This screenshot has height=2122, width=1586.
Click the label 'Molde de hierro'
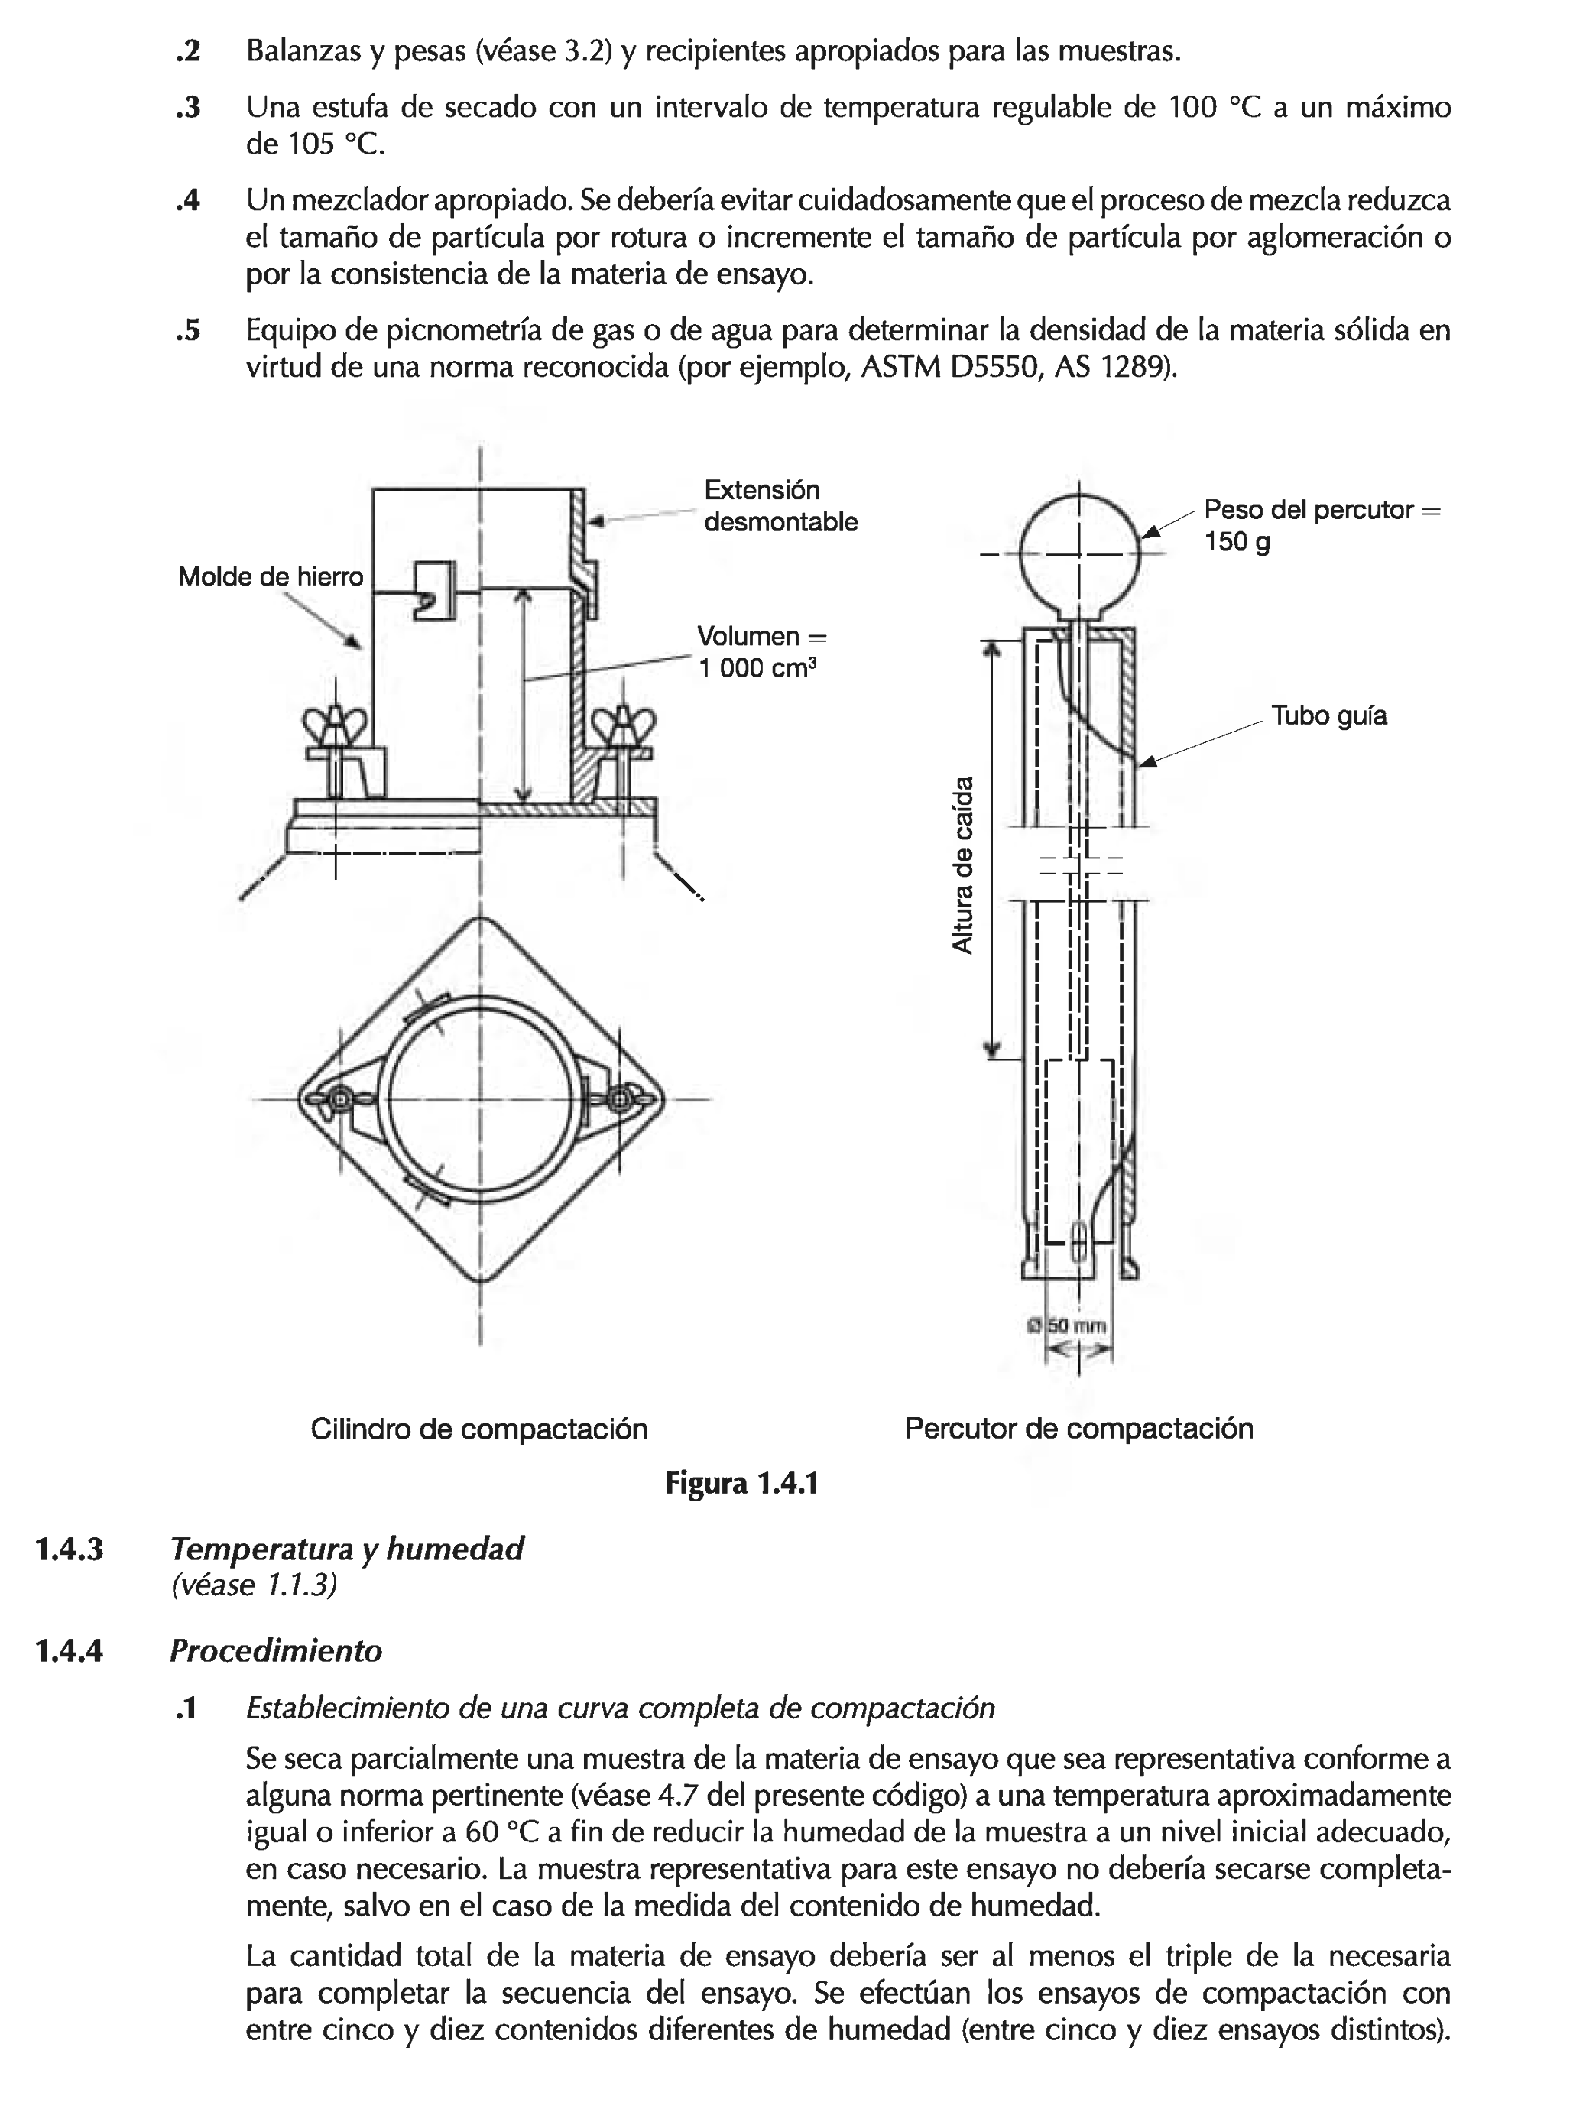tap(271, 576)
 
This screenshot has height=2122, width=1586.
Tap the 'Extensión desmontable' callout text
tap(780, 505)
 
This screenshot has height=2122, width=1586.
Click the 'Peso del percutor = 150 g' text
tap(1322, 524)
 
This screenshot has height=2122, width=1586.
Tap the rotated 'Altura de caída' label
tap(962, 863)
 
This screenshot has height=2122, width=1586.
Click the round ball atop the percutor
tap(1079, 554)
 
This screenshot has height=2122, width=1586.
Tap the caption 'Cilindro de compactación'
tap(478, 1429)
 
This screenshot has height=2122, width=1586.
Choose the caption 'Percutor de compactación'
tap(1078, 1429)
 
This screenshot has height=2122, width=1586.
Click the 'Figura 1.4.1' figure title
tap(741, 1484)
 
